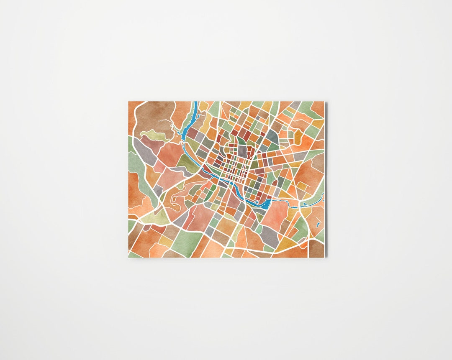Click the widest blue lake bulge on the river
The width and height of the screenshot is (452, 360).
[x=267, y=204]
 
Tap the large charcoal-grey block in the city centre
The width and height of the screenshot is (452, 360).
[x=242, y=151]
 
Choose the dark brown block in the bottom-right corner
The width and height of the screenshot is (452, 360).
[x=317, y=248]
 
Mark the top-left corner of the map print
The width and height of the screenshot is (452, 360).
[x=128, y=102]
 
